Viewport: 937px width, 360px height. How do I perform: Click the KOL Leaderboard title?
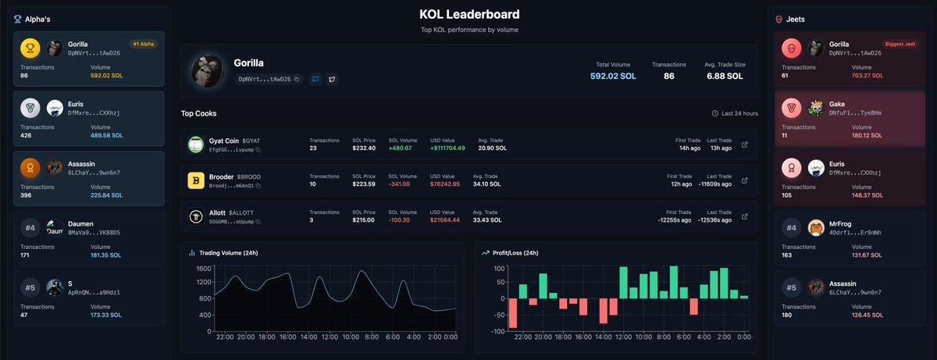point(468,14)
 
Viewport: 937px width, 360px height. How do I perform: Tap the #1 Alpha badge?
point(143,45)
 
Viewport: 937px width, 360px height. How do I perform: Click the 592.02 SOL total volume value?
point(613,77)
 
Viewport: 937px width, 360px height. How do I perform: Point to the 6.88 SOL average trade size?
point(724,77)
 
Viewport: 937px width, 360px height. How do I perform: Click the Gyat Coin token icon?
point(195,144)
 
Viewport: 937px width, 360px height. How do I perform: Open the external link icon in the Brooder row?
point(744,181)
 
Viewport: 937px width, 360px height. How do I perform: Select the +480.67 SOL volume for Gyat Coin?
point(401,148)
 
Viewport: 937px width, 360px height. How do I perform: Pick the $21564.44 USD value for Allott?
point(445,220)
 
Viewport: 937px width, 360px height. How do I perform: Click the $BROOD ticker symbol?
point(248,177)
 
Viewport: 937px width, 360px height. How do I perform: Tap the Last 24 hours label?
point(739,113)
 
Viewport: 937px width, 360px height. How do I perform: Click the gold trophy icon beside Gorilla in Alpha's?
point(30,48)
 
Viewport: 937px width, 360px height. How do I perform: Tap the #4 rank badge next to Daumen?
point(30,229)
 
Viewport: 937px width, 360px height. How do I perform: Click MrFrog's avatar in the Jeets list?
point(816,228)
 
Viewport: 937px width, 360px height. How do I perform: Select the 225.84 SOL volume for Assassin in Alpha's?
point(108,195)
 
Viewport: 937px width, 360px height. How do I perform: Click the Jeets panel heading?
point(796,19)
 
